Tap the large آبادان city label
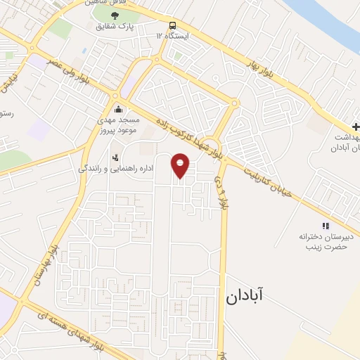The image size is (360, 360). tap(254, 296)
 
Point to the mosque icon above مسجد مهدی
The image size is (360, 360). tap(118, 109)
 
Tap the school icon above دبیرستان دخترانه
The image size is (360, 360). tap(325, 225)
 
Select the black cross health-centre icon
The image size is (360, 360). tap(355, 127)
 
